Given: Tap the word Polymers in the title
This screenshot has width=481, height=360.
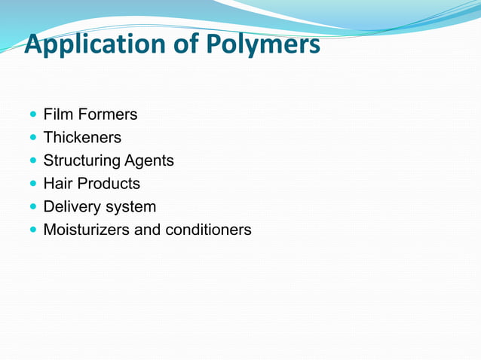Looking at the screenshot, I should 262,44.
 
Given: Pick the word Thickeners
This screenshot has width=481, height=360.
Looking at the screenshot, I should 82,138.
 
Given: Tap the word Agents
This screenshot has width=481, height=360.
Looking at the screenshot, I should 149,161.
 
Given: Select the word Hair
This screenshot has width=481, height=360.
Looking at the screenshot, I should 58,184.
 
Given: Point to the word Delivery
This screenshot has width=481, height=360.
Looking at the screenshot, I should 72,206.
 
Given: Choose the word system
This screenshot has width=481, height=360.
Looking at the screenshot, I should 132,206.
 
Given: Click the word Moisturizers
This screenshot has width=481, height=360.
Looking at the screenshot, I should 86,230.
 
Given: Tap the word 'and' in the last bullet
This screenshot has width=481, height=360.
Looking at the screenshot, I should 146,230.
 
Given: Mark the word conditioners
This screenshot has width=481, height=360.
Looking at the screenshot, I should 207,230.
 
